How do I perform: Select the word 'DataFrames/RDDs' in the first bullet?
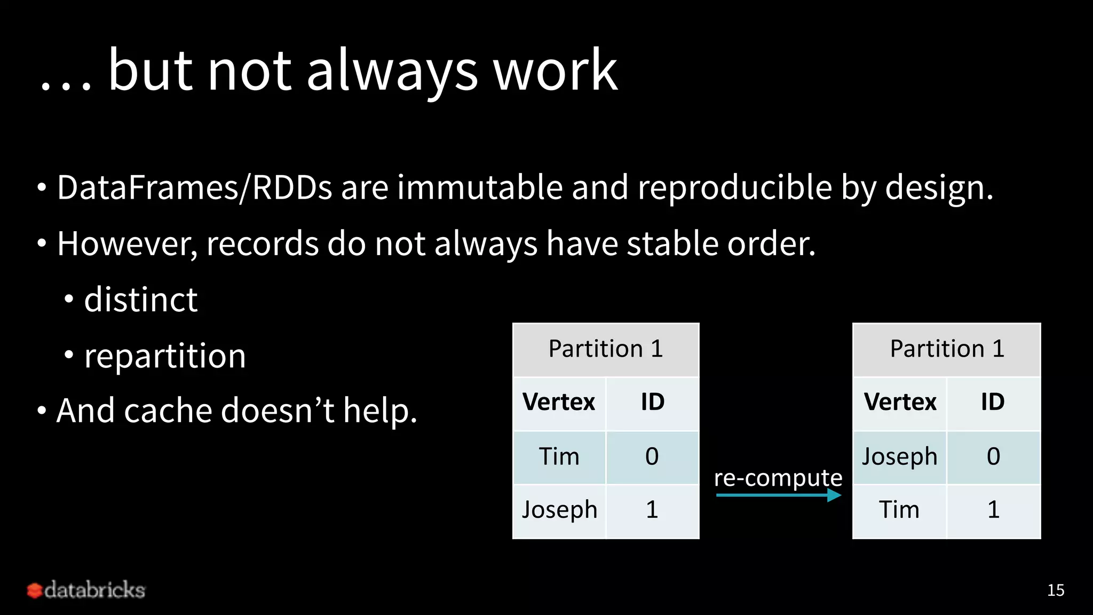194,188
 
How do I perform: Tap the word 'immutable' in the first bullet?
479,188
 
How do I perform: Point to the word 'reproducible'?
734,188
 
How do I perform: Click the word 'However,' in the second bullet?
127,244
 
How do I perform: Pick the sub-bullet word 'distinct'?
141,299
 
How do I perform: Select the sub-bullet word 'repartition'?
165,356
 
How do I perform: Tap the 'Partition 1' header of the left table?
606,349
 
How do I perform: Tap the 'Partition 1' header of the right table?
947,349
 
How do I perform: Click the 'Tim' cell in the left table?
559,457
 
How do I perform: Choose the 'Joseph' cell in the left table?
559,510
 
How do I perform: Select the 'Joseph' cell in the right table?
899,457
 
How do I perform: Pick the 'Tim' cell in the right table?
899,510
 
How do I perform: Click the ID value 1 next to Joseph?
652,510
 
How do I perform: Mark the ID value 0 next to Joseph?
993,457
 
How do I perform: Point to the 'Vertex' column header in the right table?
900,402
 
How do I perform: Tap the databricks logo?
86,590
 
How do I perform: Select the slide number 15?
1055,590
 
